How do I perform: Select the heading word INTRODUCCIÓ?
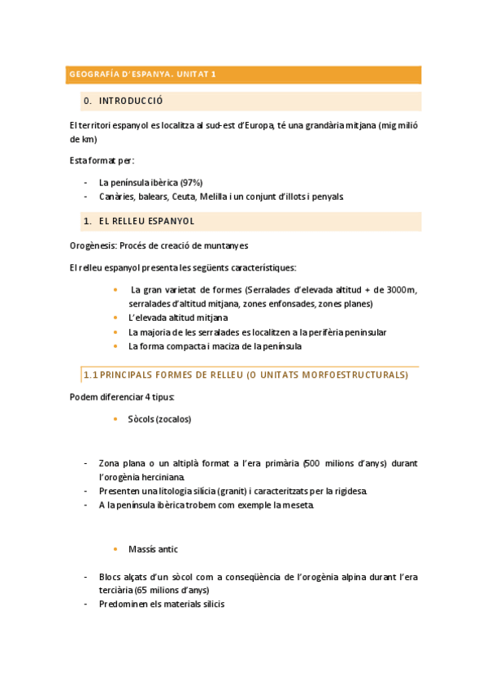[x=131, y=102]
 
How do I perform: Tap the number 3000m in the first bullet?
[x=398, y=290]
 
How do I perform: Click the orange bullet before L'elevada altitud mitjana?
[x=115, y=318]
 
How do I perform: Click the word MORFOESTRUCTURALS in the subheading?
[x=354, y=375]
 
